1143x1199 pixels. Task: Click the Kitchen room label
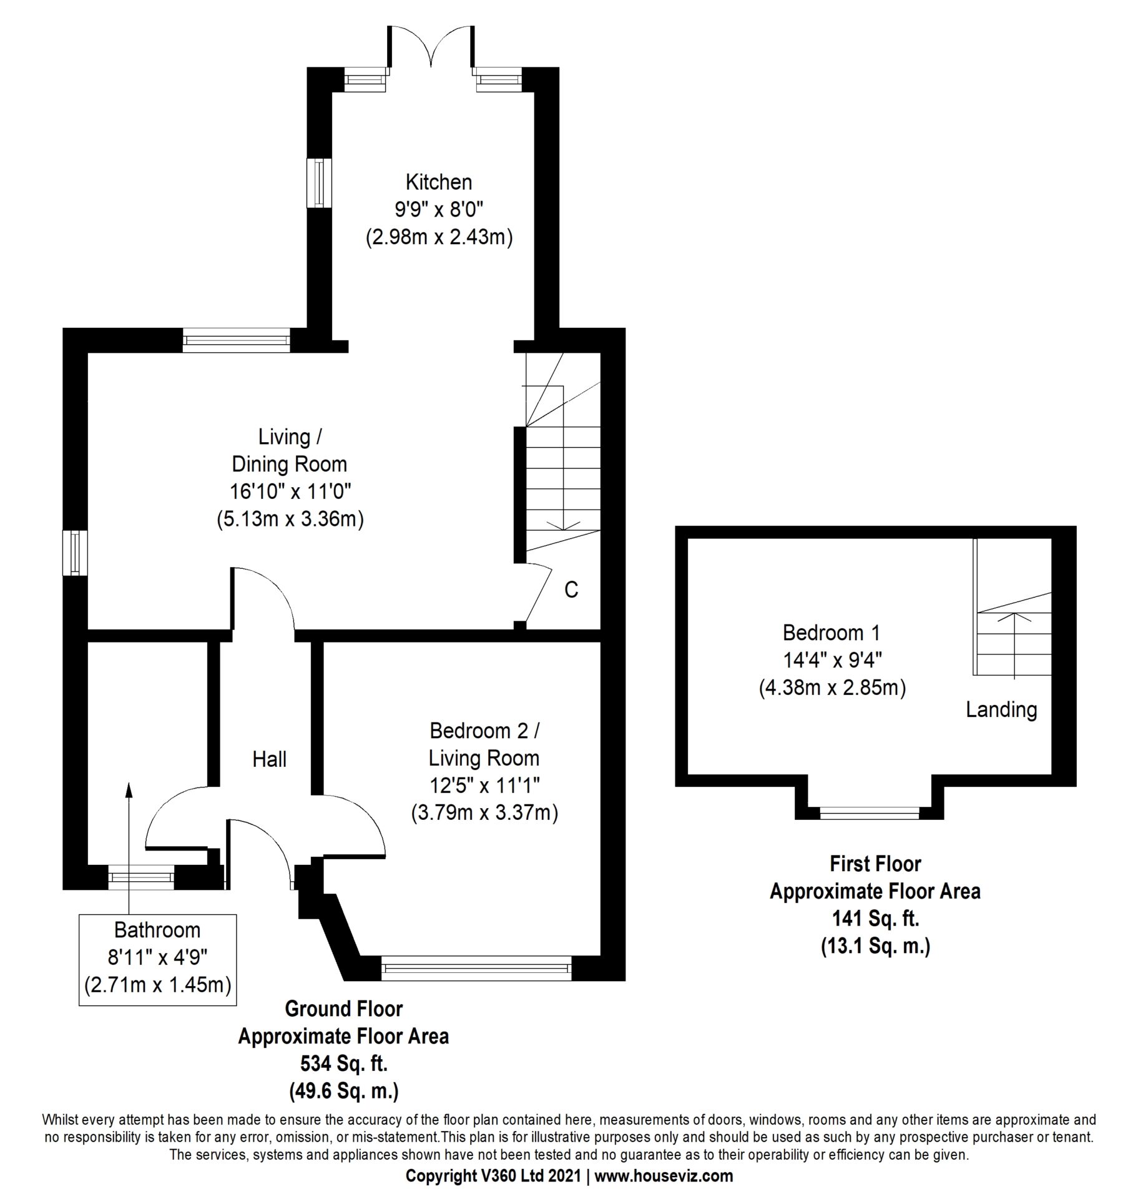(x=438, y=182)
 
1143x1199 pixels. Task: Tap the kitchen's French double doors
(x=430, y=47)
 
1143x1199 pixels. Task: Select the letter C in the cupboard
(x=571, y=589)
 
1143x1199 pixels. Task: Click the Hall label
(x=269, y=759)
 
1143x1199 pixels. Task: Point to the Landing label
(x=1001, y=709)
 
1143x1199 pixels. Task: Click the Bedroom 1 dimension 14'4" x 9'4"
(x=832, y=659)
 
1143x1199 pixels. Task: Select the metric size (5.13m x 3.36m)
(x=290, y=519)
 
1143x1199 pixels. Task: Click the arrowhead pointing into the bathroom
(x=129, y=789)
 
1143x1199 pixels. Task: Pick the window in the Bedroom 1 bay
(x=870, y=812)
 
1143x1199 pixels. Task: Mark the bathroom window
(x=140, y=877)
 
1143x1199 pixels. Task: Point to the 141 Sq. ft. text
(x=875, y=918)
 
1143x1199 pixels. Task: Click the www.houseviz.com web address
(x=664, y=1176)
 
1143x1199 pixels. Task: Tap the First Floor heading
(x=875, y=864)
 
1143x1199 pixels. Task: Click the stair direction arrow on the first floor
(x=1014, y=646)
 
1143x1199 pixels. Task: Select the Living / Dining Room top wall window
(x=237, y=340)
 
